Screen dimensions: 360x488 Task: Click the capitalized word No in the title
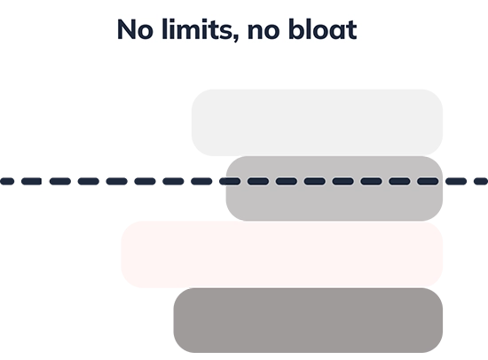click(133, 30)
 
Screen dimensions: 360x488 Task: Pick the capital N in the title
click(126, 30)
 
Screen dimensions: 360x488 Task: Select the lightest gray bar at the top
click(315, 122)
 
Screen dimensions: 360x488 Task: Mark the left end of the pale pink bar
click(125, 254)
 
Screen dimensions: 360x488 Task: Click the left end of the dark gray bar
click(175, 321)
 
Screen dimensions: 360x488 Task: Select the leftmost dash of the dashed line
click(8, 184)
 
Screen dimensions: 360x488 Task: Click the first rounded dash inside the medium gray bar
click(232, 182)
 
